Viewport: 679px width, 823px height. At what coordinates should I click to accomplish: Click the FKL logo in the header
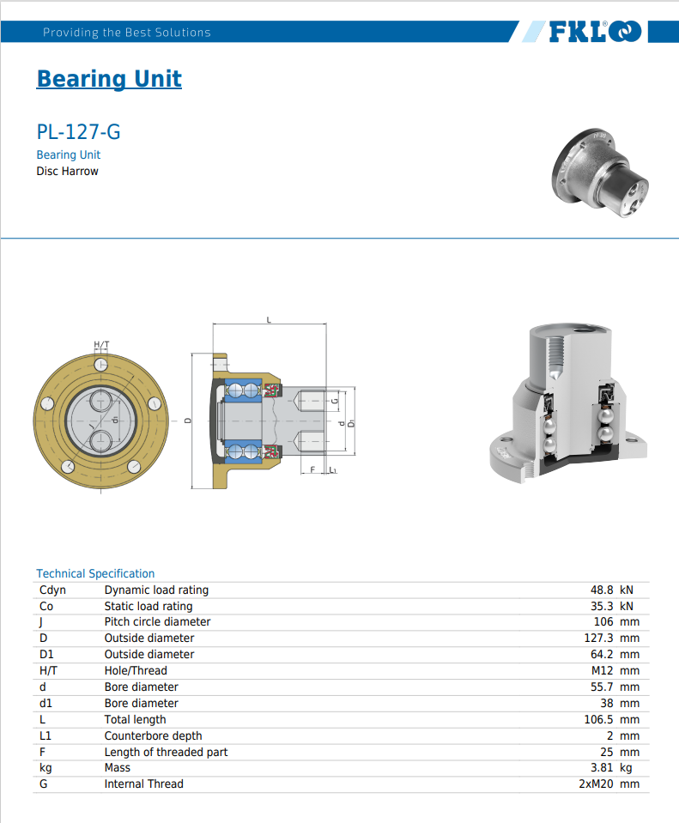[594, 33]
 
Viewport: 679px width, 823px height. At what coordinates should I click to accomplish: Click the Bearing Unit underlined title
[109, 79]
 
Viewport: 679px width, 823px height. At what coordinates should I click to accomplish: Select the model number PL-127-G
[78, 132]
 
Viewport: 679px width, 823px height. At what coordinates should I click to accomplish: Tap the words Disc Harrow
[67, 171]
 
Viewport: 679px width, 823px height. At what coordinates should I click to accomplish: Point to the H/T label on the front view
[101, 345]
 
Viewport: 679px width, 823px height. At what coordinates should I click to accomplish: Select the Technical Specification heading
[95, 573]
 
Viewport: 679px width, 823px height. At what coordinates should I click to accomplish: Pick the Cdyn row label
[52, 590]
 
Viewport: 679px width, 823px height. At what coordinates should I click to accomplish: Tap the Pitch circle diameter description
[157, 621]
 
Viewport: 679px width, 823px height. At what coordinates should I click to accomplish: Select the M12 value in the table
[602, 670]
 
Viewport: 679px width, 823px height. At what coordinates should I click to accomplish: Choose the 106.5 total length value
[594, 719]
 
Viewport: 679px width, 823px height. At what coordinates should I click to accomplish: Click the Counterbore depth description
[153, 735]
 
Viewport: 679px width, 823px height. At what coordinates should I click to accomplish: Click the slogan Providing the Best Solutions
[126, 33]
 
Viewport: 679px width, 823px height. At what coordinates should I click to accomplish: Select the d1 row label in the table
[46, 703]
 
